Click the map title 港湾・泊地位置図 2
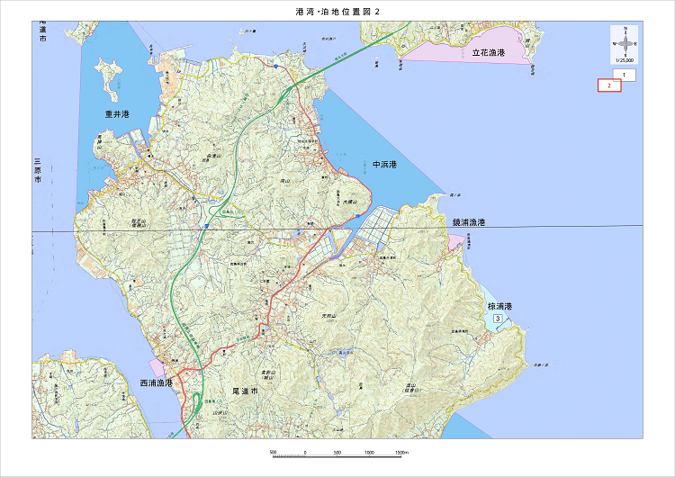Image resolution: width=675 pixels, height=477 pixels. [x=337, y=12]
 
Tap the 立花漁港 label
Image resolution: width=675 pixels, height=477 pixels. [x=488, y=54]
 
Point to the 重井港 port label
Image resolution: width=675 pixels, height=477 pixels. [x=117, y=114]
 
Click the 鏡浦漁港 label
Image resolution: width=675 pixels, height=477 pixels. [x=469, y=222]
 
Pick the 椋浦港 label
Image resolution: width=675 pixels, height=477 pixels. [x=499, y=306]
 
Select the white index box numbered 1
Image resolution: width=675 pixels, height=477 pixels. [x=623, y=74]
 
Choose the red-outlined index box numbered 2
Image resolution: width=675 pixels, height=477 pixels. [x=609, y=85]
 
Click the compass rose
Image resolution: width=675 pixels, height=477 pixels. [x=623, y=42]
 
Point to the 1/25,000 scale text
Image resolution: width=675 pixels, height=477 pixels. [x=623, y=60]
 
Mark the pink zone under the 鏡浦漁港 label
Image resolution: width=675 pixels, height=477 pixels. [x=455, y=240]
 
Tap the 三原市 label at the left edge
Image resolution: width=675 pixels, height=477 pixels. [x=38, y=171]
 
